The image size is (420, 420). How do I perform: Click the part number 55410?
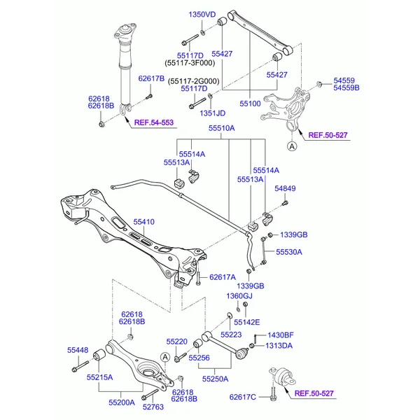pyautogui.click(x=143, y=222)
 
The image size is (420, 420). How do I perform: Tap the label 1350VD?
pyautogui.click(x=202, y=15)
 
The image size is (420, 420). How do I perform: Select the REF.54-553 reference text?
pyautogui.click(x=154, y=122)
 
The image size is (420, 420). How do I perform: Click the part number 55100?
pyautogui.click(x=250, y=104)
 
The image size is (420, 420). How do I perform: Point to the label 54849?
pyautogui.click(x=285, y=188)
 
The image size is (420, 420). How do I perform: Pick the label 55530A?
pyautogui.click(x=289, y=252)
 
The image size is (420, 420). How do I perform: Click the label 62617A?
pyautogui.click(x=223, y=277)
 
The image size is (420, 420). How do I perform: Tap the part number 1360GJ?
pyautogui.click(x=239, y=296)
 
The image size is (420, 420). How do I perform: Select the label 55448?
pyautogui.click(x=78, y=350)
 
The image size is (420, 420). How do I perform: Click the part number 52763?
pyautogui.click(x=153, y=407)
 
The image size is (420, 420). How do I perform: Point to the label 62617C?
pyautogui.click(x=243, y=397)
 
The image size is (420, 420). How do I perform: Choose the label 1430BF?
pyautogui.click(x=281, y=335)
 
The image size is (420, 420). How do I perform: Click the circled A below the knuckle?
pyautogui.click(x=292, y=146)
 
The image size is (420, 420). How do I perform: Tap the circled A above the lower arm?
pyautogui.click(x=165, y=357)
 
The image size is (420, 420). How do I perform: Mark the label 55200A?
pyautogui.click(x=122, y=402)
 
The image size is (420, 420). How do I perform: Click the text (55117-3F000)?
pyautogui.click(x=190, y=63)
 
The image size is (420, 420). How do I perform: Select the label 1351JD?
pyautogui.click(x=212, y=113)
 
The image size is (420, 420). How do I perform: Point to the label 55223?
pyautogui.click(x=231, y=335)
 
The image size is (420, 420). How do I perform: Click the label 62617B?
pyautogui.click(x=151, y=78)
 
